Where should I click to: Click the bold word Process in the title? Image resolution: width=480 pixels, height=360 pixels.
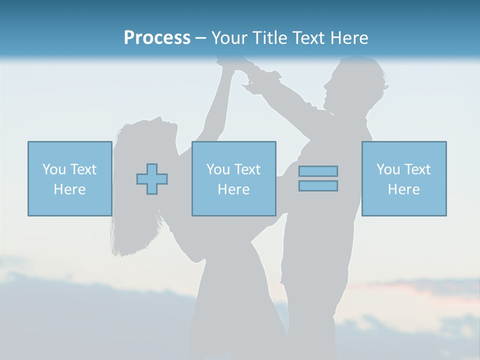[x=157, y=38]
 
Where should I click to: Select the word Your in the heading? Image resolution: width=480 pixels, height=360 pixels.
[x=230, y=38]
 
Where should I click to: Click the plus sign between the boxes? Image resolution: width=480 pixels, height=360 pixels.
[x=152, y=179]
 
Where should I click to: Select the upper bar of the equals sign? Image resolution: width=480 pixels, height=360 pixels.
[x=318, y=171]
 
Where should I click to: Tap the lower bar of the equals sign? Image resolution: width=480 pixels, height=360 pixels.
[x=318, y=185]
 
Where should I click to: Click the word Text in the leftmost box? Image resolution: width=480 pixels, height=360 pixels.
[x=83, y=169]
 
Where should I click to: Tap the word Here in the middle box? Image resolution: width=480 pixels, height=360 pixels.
[x=233, y=189]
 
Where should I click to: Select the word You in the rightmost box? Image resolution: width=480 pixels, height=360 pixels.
[x=388, y=169]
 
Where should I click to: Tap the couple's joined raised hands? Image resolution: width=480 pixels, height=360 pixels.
[x=239, y=67]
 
